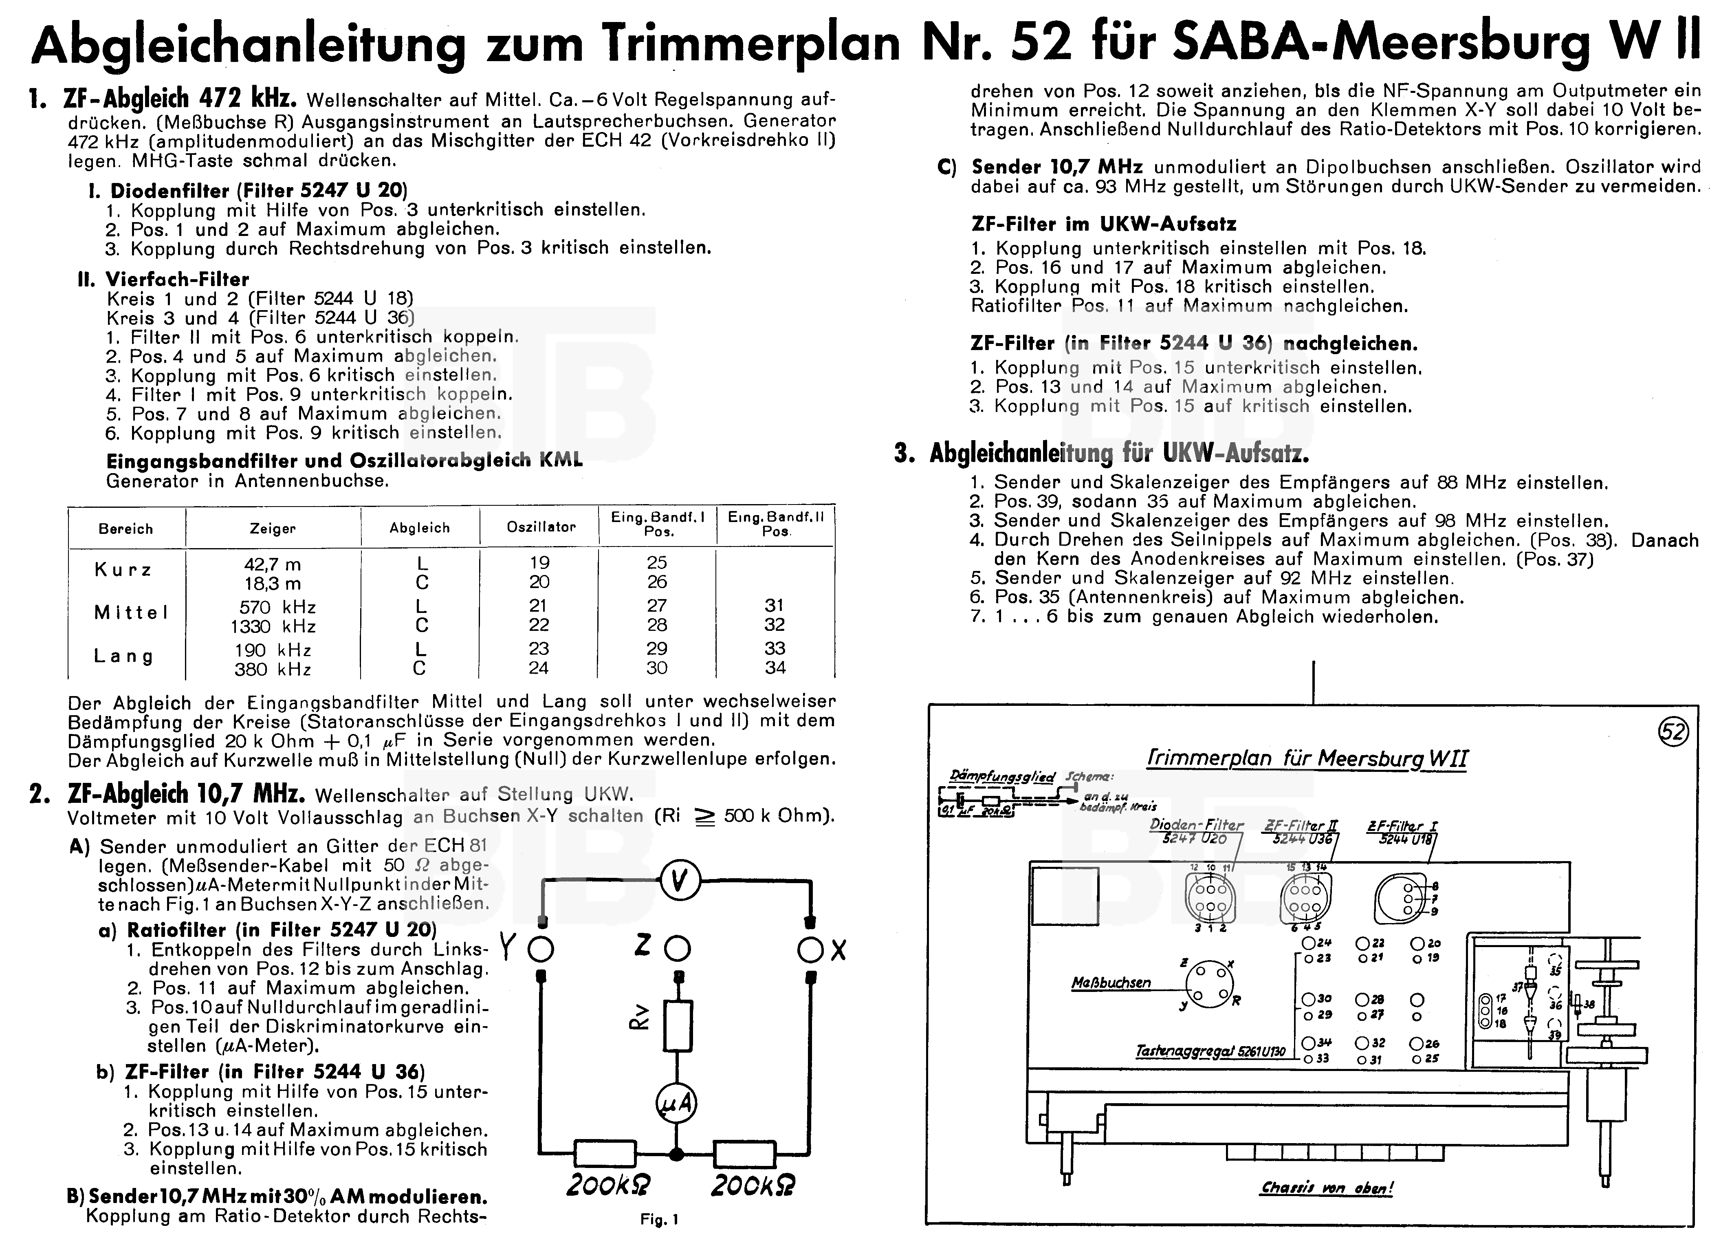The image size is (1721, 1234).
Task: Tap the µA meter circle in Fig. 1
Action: pyautogui.click(x=676, y=1104)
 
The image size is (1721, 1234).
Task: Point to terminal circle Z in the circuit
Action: pyautogui.click(x=678, y=949)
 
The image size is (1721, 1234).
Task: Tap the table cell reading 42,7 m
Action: pyautogui.click(x=273, y=564)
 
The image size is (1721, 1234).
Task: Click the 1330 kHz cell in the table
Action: pyautogui.click(x=273, y=626)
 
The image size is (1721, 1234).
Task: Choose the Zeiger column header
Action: pyautogui.click(x=273, y=528)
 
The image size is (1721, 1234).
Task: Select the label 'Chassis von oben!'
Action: pyautogui.click(x=1327, y=1188)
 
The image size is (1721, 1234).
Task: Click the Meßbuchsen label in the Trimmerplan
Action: pyautogui.click(x=1111, y=983)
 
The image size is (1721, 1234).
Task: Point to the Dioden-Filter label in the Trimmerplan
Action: pyautogui.click(x=1197, y=825)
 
